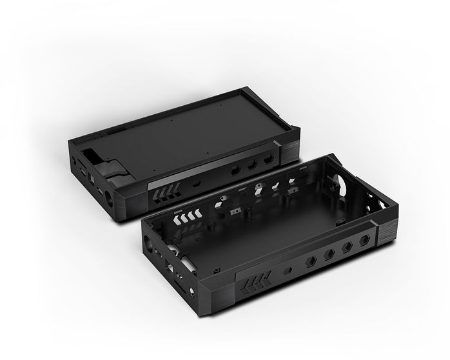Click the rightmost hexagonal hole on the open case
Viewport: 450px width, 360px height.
[x=365, y=240]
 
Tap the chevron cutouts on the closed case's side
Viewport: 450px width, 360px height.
[x=164, y=194]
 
